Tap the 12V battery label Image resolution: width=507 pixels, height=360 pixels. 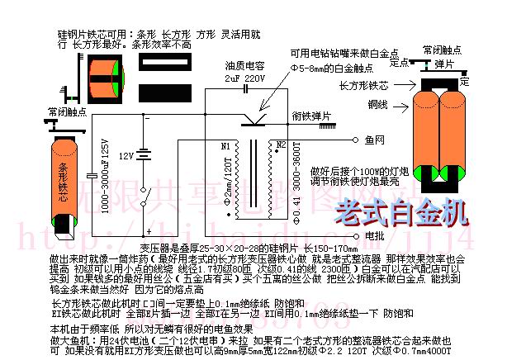pyautogui.click(x=126, y=155)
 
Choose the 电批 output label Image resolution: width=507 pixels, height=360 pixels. pyautogui.click(x=373, y=235)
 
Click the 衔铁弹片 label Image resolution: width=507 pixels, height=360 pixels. pyautogui.click(x=312, y=116)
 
